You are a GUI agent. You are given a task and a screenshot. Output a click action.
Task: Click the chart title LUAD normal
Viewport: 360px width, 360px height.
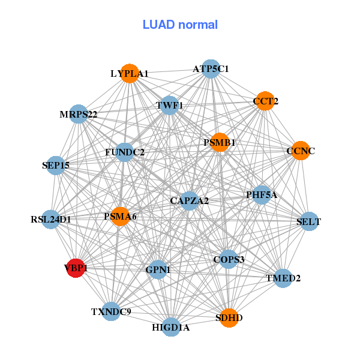180,25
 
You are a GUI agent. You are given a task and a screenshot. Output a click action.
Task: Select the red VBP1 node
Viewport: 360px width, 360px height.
74,268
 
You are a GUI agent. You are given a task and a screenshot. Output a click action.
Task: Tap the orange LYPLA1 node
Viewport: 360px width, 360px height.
130,74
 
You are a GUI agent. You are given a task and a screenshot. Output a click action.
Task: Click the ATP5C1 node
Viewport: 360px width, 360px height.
210,69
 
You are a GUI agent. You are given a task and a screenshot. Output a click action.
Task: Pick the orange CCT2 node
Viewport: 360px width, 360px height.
264,101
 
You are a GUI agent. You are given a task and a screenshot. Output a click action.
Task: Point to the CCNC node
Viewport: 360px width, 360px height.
299,151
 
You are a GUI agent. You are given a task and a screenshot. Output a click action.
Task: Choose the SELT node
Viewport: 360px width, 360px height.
308,222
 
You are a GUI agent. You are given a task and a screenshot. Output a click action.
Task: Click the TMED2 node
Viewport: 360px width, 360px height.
283,278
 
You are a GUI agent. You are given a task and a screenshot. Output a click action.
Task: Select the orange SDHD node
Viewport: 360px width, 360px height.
229,317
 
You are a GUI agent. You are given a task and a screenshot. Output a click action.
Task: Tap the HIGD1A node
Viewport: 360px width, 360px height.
171,327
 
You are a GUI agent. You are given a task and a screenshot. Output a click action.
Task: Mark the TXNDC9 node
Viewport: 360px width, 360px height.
111,311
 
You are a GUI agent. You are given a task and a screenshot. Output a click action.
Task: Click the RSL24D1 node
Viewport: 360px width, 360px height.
52,220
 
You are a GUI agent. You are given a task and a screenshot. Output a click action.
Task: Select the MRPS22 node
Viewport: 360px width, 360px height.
79,114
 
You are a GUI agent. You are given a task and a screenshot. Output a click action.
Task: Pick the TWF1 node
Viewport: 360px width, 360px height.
170,106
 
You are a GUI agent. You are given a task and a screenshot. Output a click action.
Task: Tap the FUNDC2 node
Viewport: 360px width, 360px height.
125,152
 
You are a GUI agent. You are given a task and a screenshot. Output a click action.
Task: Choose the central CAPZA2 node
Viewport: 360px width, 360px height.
189,200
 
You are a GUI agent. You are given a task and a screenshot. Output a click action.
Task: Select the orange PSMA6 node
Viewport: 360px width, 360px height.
121,216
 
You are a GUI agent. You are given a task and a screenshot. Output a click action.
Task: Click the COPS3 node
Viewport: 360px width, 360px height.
229,259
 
